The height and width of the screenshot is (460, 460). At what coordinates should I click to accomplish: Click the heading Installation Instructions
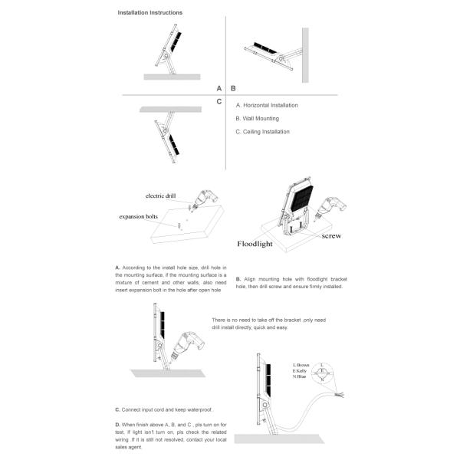click(150, 13)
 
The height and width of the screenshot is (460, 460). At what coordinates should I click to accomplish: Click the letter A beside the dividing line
click(219, 89)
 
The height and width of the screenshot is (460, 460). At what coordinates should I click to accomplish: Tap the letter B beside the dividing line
click(233, 89)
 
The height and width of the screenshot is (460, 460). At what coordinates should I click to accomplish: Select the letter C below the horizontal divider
click(219, 101)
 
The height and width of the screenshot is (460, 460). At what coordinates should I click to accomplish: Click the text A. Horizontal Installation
click(267, 105)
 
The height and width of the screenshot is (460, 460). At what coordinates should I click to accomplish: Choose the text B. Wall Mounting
click(257, 119)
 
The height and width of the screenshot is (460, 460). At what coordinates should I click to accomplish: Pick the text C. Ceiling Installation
click(262, 132)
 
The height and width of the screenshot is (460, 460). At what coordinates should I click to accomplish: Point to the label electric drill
click(159, 196)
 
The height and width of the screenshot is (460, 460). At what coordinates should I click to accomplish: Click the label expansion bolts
click(138, 217)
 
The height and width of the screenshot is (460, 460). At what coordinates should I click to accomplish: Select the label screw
click(331, 236)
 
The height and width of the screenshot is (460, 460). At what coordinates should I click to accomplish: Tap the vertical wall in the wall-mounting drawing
click(305, 55)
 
